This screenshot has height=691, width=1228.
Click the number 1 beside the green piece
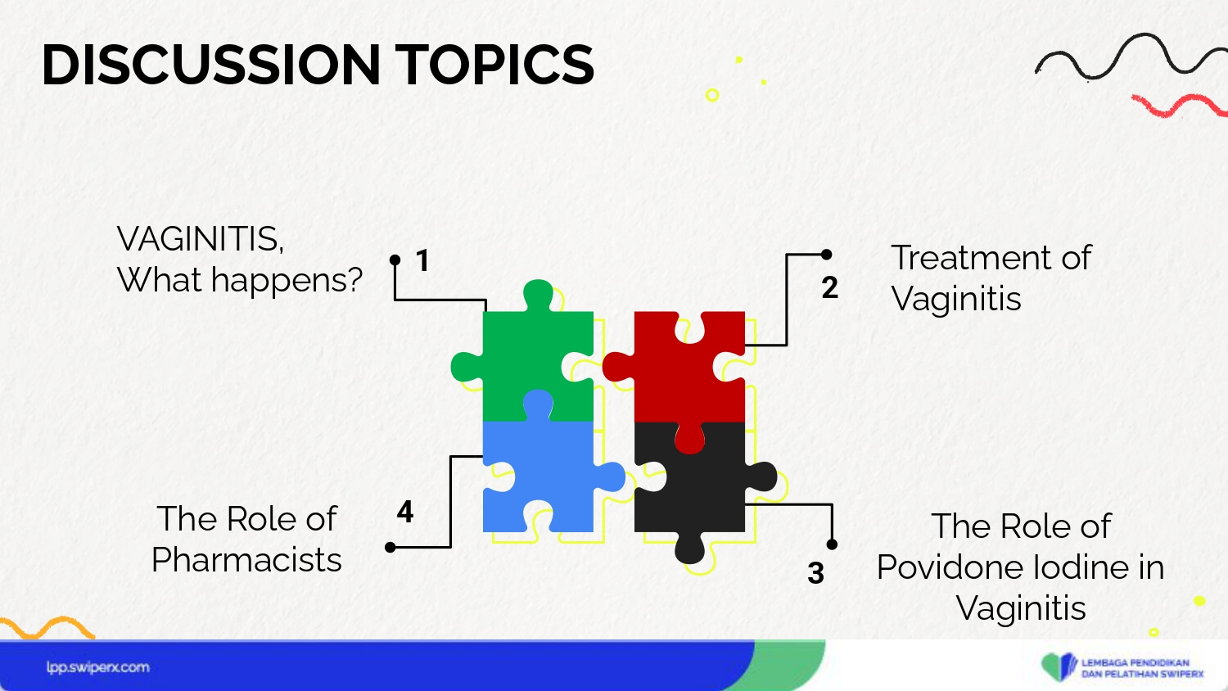[x=422, y=260]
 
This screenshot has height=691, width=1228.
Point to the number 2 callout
[x=830, y=287]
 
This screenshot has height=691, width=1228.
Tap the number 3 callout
[x=815, y=573]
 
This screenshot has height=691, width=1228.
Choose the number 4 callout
[x=405, y=511]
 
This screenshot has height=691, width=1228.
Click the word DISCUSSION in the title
[x=211, y=65]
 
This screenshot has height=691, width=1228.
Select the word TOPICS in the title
[x=494, y=65]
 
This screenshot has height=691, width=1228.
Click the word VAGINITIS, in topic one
[x=200, y=239]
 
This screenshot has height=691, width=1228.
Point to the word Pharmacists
[x=246, y=560]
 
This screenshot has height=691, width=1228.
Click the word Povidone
[x=957, y=567]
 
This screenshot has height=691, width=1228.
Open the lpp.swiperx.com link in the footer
[x=98, y=667]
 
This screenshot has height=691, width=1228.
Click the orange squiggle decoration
[x=47, y=627]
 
